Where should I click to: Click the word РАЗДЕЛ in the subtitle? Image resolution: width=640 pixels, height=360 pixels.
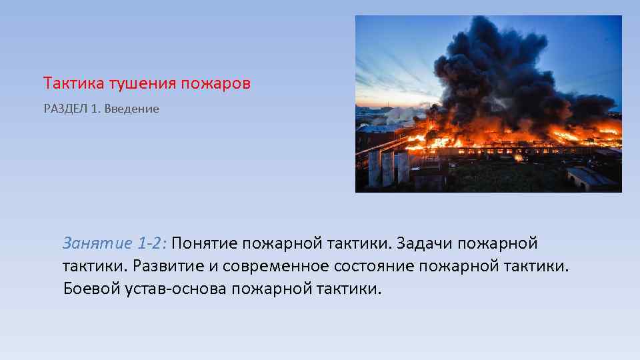65,109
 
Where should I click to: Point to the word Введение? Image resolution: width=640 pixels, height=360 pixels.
135,109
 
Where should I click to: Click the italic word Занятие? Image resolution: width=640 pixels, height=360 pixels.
93,244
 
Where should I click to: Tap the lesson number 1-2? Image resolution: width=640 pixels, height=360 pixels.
150,244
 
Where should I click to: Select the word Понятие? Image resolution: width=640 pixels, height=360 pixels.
209,244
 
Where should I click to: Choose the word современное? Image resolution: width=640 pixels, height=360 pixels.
276,267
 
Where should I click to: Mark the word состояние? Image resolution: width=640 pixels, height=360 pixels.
375,267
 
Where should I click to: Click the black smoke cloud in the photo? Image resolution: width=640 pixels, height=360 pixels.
507,67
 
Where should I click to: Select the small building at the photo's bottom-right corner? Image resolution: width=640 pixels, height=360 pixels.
590,179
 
